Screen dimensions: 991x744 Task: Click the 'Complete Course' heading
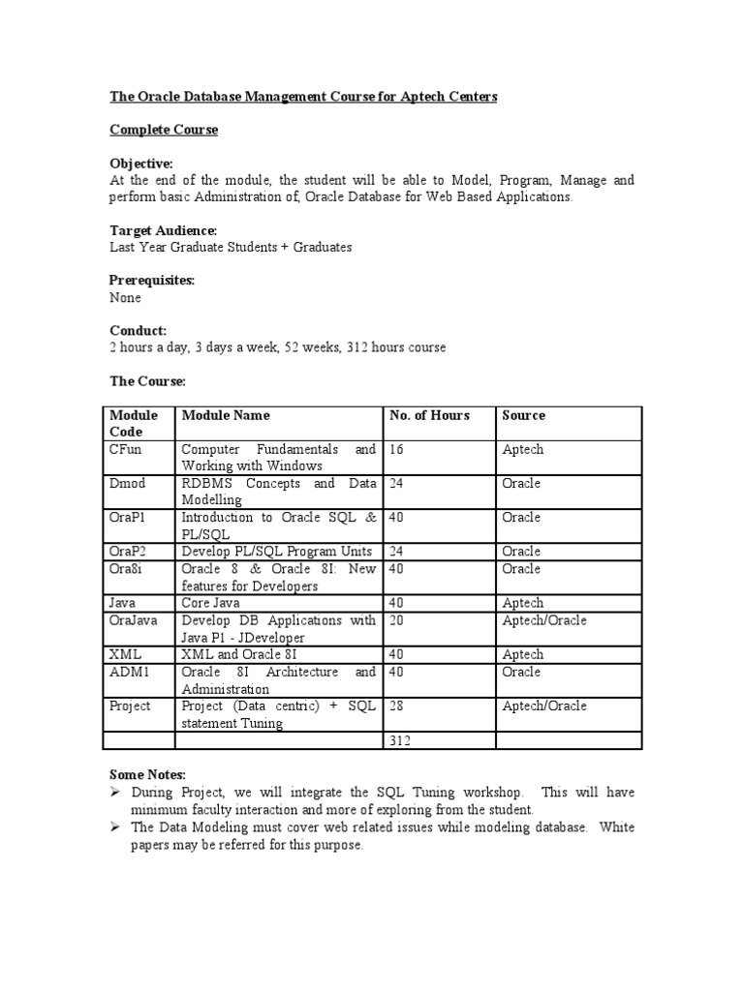(x=164, y=130)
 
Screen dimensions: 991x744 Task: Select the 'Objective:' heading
(x=141, y=165)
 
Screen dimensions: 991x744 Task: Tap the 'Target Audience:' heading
(x=163, y=230)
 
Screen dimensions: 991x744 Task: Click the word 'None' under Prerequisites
(x=125, y=297)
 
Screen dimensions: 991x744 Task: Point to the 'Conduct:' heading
(x=138, y=330)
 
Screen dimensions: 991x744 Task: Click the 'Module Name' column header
(x=226, y=415)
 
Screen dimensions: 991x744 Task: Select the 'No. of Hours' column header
(x=429, y=415)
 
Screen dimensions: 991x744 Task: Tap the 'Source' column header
(x=523, y=415)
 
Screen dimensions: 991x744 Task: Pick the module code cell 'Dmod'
(x=128, y=484)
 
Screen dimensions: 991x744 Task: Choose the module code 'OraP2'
(x=130, y=552)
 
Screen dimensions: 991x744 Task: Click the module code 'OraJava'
(x=135, y=620)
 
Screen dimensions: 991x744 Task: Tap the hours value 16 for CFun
(x=396, y=450)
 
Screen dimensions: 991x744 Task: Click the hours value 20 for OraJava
(x=397, y=620)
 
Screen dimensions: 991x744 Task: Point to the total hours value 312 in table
(x=401, y=740)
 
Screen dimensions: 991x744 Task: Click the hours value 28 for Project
(x=397, y=706)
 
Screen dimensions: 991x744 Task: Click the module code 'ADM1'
(x=129, y=673)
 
